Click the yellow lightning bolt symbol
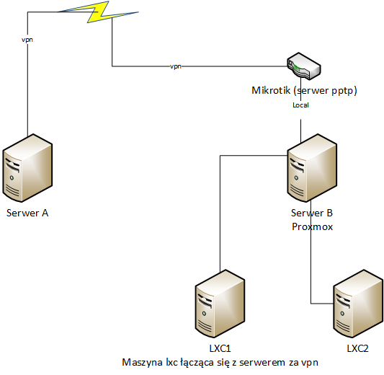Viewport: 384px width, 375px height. pos(98,12)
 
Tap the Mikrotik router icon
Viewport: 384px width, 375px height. pos(304,66)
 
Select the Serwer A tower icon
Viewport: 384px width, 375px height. pos(27,168)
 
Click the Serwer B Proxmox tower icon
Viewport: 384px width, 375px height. pos(312,168)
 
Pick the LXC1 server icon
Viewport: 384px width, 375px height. pos(220,304)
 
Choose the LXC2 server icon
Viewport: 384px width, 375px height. pos(358,304)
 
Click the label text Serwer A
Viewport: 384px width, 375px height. pos(27,213)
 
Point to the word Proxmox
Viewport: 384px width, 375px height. pos(312,226)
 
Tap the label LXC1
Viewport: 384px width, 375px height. pos(220,348)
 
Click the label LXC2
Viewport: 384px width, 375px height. pos(358,348)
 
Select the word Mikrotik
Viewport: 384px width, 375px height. pos(271,90)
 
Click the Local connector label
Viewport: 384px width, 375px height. pos(300,105)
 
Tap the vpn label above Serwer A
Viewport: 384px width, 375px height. pos(27,40)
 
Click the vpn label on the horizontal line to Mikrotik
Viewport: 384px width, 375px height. pos(176,66)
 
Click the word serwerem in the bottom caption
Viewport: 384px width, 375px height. pos(262,362)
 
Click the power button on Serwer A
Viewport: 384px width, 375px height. pos(12,178)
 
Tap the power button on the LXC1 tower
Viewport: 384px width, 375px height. pos(204,314)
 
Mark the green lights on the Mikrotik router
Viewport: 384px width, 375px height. pos(297,68)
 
